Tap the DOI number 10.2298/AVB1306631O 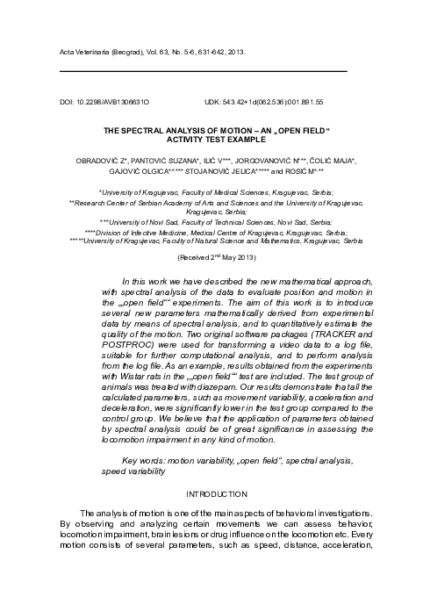pos(111,102)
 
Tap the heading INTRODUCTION pos(211,494)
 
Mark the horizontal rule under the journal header pos(203,69)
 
